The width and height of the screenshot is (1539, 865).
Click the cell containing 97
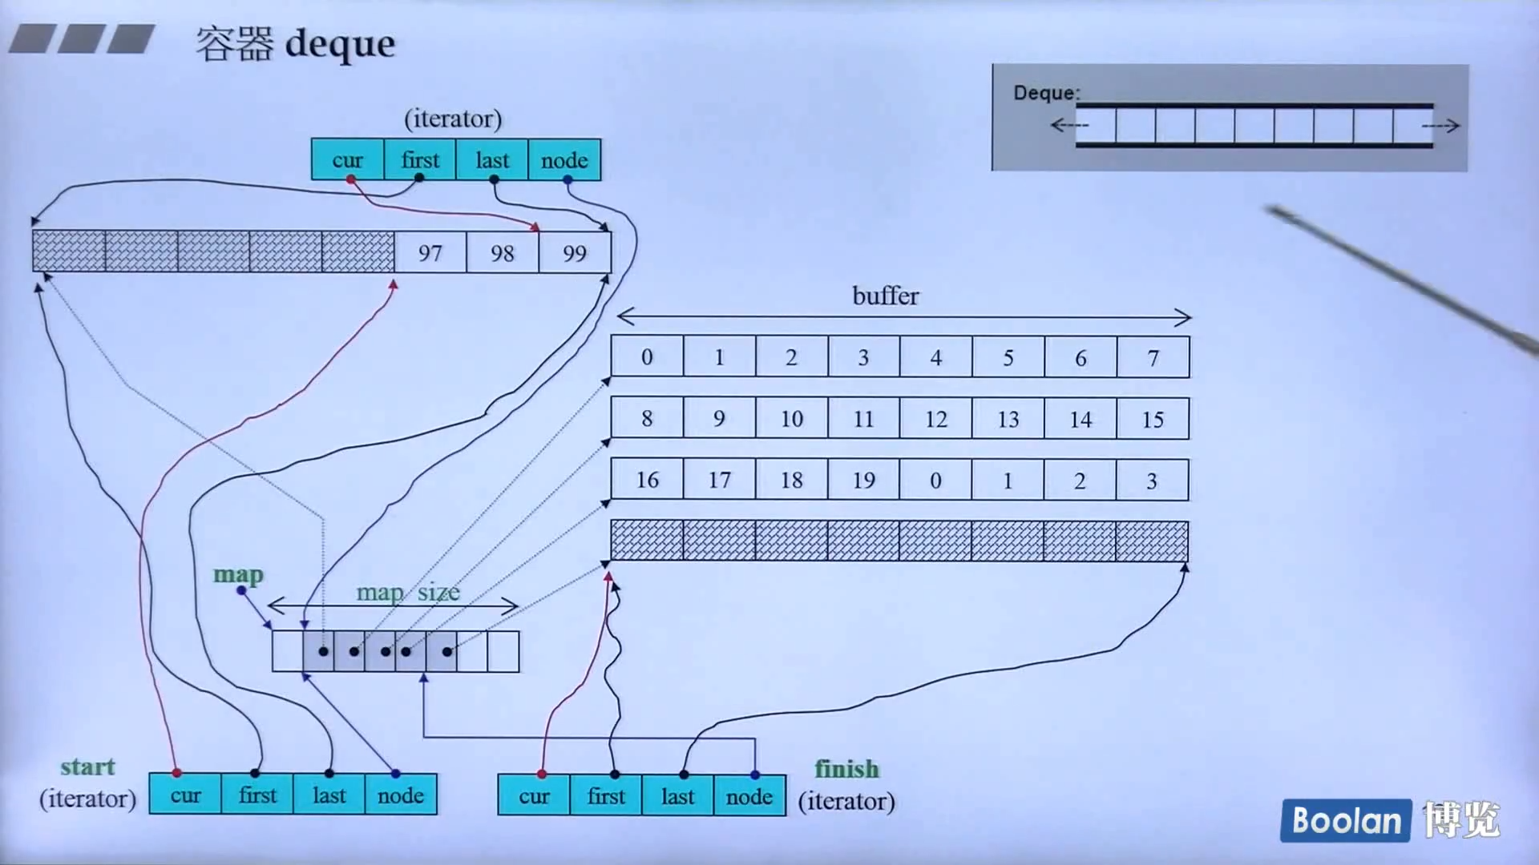click(x=430, y=253)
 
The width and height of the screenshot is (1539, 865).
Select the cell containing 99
click(x=575, y=253)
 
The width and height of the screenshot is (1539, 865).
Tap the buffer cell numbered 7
click(x=1153, y=357)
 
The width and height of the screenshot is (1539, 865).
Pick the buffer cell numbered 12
click(x=935, y=419)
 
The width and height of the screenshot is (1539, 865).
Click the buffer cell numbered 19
click(x=863, y=480)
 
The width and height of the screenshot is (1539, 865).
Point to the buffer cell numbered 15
click(x=1153, y=419)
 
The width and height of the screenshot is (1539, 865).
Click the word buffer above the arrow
click(x=885, y=296)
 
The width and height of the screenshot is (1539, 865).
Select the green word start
click(x=87, y=766)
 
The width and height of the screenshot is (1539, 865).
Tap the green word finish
click(x=846, y=769)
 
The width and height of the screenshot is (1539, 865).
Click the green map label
click(x=238, y=574)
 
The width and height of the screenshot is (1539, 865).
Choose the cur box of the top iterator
click(x=347, y=159)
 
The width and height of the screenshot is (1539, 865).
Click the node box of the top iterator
click(x=564, y=159)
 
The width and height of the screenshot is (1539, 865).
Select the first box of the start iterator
click(x=257, y=795)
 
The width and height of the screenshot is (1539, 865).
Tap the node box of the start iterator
click(x=401, y=795)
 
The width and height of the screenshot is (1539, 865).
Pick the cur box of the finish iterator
click(x=534, y=796)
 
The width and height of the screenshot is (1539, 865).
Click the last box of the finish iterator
click(x=677, y=796)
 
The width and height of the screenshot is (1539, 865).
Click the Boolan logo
click(x=1346, y=820)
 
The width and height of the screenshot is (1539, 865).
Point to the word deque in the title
click(x=340, y=43)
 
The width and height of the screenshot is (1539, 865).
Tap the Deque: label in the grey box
click(x=1046, y=93)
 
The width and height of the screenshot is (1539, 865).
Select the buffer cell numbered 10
click(x=791, y=419)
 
